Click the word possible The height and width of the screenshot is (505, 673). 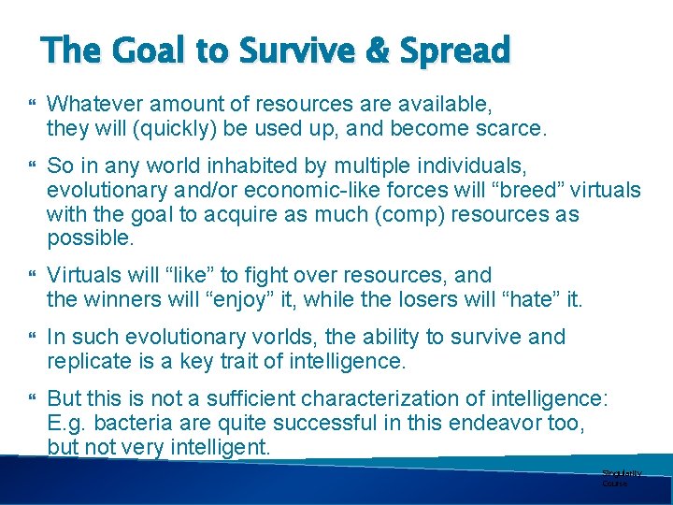(x=91, y=239)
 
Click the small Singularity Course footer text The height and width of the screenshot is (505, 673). (x=618, y=479)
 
